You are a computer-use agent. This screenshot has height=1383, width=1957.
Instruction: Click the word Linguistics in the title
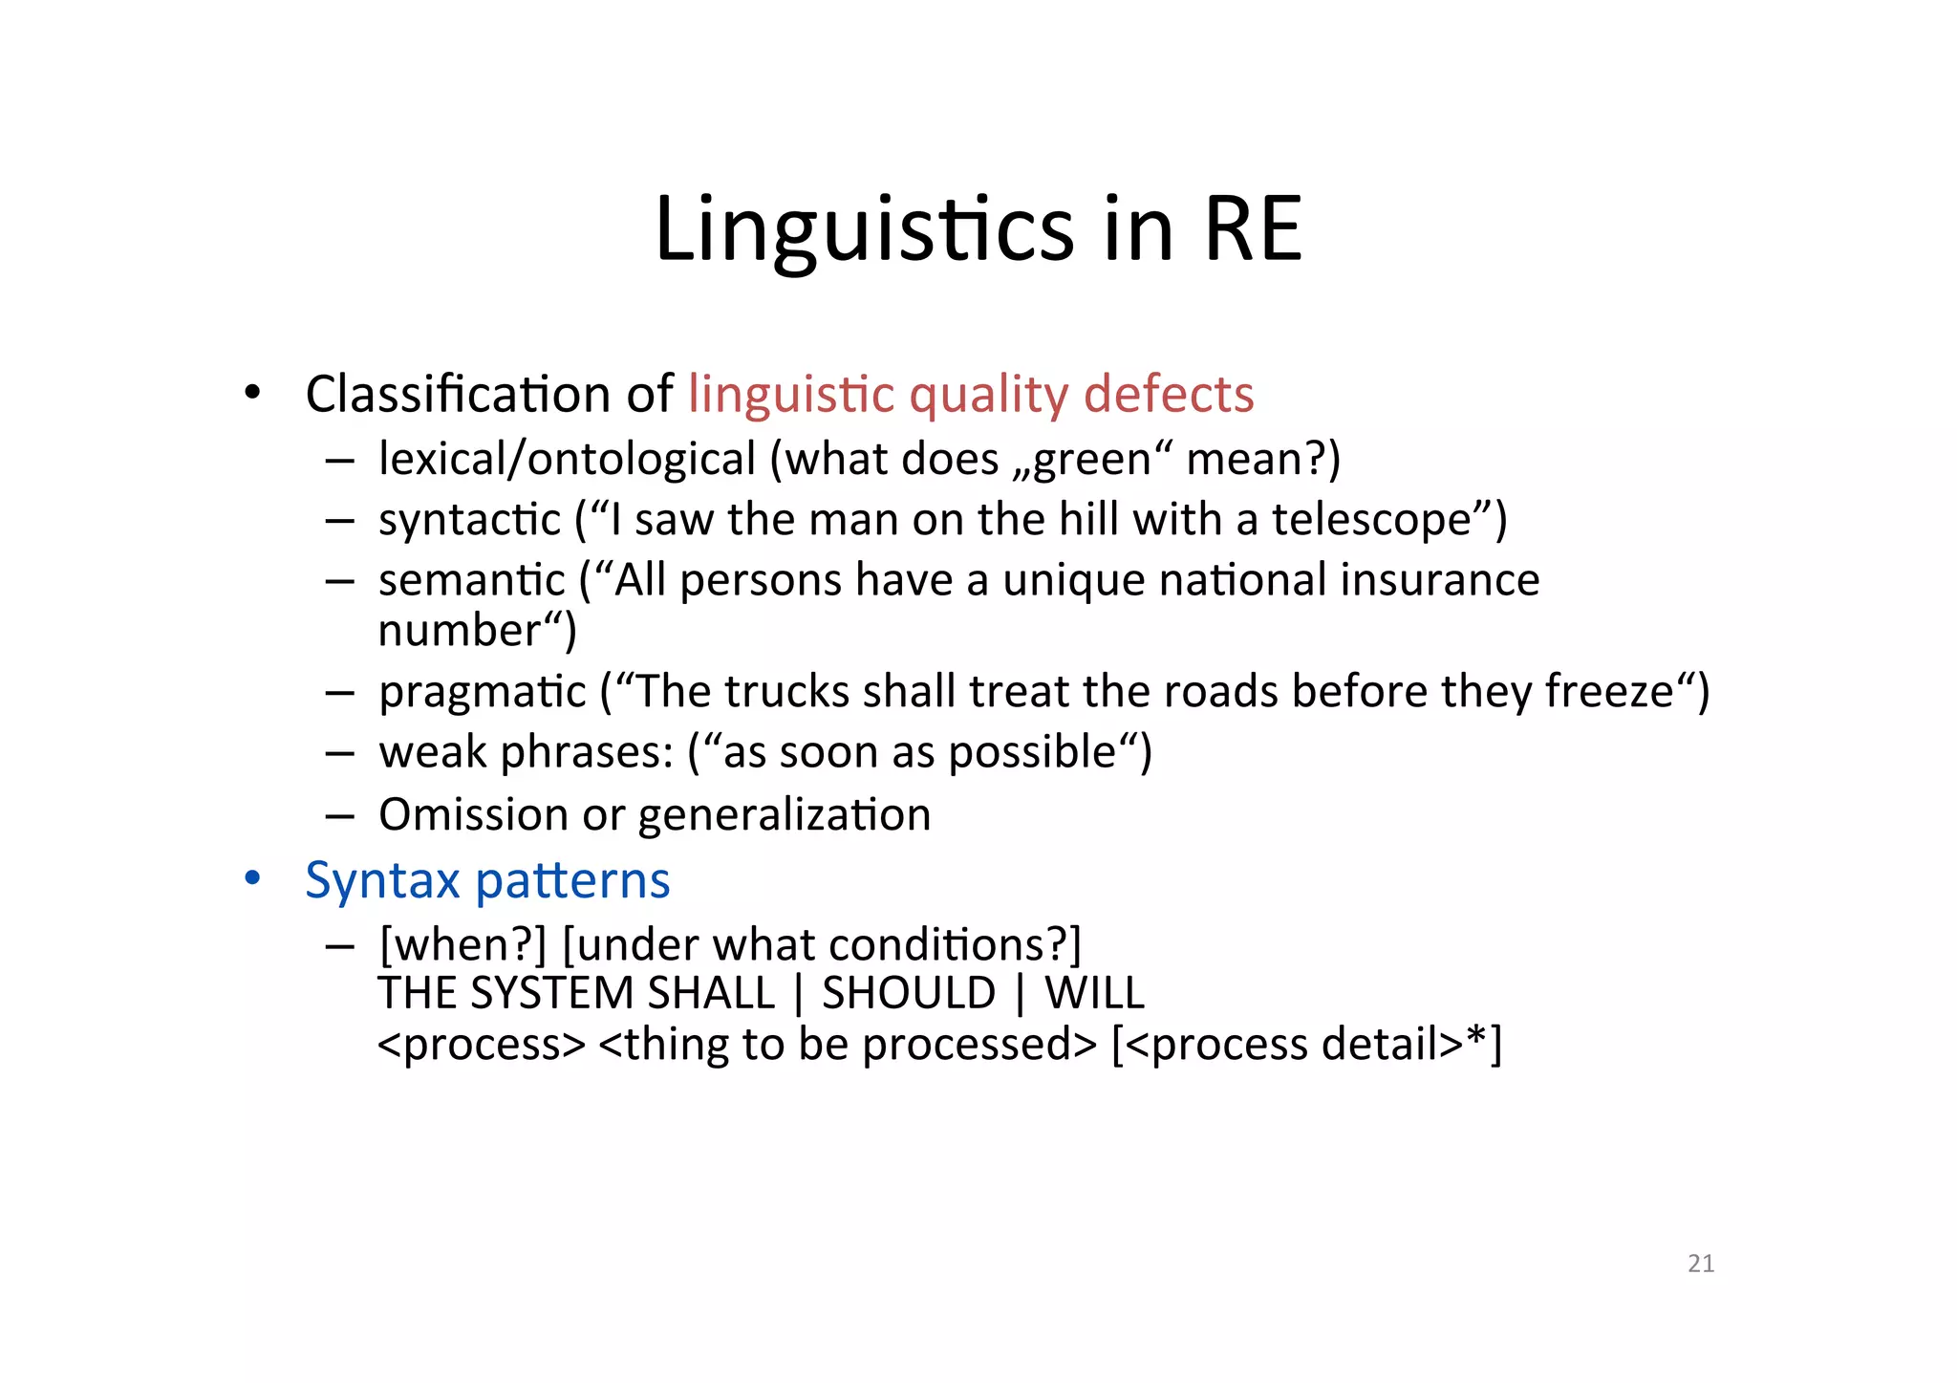tap(864, 229)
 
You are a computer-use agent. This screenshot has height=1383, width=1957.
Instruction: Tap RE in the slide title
tap(1253, 229)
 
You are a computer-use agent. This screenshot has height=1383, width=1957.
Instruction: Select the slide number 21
tap(1701, 1264)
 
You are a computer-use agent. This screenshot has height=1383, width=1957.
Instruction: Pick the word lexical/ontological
tap(567, 459)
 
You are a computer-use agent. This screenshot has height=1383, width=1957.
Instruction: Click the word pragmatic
tap(482, 693)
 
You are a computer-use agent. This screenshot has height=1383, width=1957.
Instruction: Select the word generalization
tap(784, 816)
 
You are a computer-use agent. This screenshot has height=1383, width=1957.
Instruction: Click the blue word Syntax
tap(382, 880)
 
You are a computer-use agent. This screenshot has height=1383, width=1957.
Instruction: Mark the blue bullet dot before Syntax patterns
tap(251, 877)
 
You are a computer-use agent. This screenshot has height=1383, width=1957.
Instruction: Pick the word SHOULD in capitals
tap(909, 993)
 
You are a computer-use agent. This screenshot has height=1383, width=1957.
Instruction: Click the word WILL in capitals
tap(1094, 993)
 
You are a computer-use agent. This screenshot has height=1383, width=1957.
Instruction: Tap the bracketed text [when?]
tap(462, 945)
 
